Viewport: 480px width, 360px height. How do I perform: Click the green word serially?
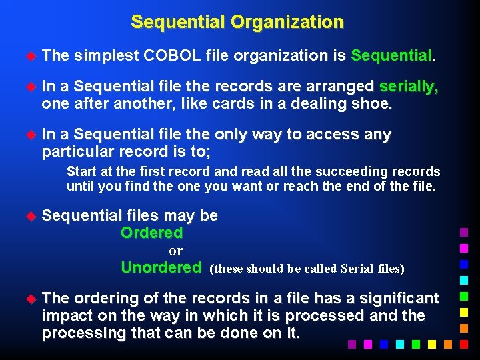coord(409,87)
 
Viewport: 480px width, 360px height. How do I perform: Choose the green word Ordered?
coord(151,233)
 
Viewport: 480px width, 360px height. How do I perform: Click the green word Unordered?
coord(161,268)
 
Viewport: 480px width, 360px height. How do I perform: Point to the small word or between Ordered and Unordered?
coord(176,251)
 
